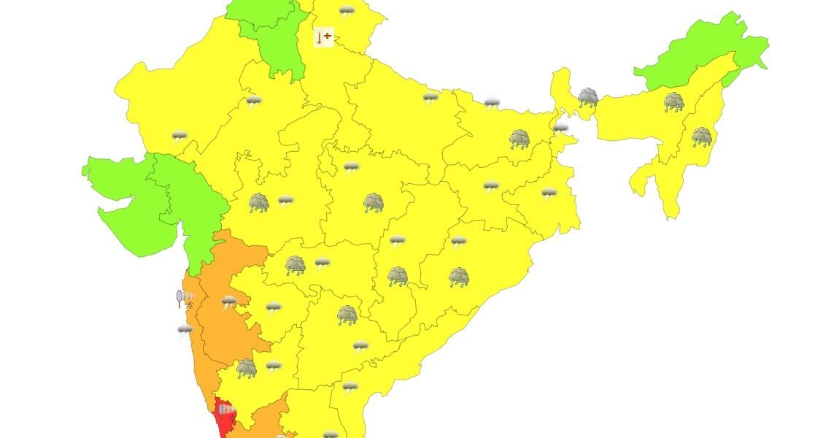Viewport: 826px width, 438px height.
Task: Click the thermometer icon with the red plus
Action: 323,37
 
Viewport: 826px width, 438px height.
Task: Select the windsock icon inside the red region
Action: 228,411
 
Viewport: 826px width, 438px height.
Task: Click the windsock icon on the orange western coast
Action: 185,297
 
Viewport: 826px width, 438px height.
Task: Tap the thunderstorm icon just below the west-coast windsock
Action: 185,331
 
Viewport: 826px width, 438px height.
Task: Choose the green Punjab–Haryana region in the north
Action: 274,36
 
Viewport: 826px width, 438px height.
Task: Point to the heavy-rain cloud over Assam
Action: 673,102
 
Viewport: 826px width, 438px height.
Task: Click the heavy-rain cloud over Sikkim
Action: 587,97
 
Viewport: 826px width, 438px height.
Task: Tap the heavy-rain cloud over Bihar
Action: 520,139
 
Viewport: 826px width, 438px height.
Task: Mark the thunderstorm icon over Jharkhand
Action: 491,187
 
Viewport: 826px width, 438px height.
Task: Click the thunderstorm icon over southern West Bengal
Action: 549,193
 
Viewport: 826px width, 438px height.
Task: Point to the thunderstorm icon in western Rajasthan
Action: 180,136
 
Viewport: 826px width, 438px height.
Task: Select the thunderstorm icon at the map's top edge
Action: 347,11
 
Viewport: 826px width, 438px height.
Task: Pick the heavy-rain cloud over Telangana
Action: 347,315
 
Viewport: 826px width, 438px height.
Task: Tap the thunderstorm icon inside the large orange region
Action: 229,301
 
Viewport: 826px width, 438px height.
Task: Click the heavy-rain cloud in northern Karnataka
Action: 247,369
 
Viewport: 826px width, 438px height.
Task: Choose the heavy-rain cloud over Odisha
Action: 458,277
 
